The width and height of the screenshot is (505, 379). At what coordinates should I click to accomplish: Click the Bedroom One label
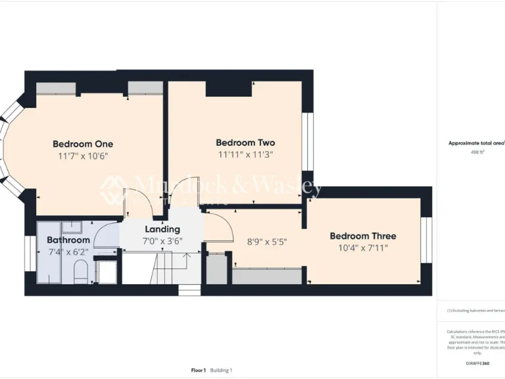(83, 144)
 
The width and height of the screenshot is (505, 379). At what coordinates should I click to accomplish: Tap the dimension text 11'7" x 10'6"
(83, 156)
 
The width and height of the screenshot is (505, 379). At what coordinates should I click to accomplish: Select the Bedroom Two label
(245, 143)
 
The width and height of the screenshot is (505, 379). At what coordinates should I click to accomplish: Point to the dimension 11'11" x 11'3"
(245, 155)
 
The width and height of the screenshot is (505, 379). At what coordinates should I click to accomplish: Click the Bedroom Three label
(363, 236)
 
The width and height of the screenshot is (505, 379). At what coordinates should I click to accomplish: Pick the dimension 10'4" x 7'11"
(363, 248)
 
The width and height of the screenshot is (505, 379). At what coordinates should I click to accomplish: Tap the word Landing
(162, 230)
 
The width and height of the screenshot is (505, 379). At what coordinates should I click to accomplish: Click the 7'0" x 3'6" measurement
(162, 241)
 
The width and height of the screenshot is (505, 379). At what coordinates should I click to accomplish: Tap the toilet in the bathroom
(80, 271)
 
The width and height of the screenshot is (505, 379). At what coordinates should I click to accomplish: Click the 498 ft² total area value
(474, 152)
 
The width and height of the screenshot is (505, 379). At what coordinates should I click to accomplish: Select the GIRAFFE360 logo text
(477, 363)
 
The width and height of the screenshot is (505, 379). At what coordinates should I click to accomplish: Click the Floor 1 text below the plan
(199, 370)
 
